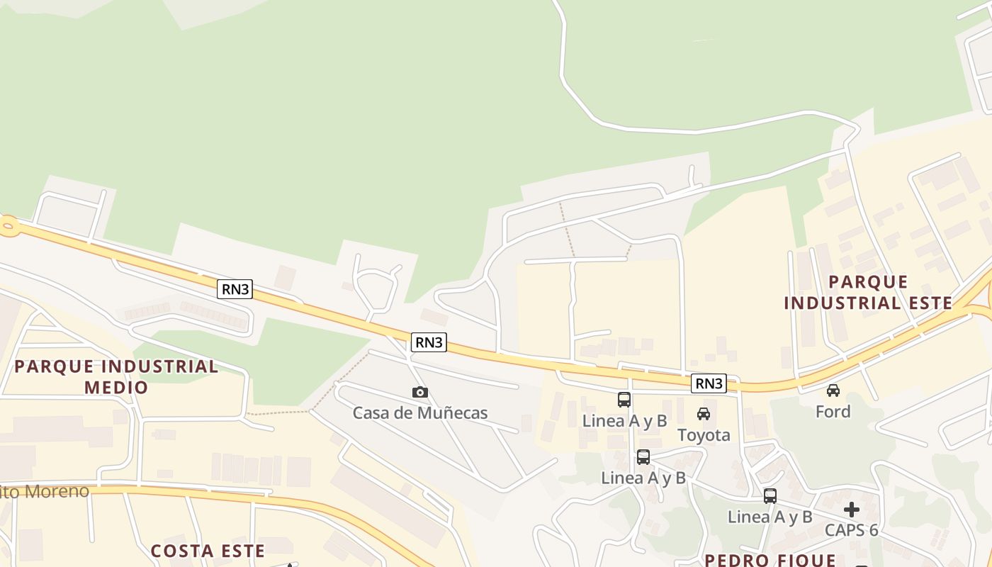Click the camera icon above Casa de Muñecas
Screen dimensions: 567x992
point(420,392)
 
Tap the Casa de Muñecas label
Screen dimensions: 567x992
point(420,412)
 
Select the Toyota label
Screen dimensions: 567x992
point(704,434)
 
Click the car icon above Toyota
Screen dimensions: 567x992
point(704,414)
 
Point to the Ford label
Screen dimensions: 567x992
point(833,411)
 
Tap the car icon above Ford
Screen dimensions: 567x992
point(833,391)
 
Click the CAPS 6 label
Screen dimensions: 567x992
point(851,529)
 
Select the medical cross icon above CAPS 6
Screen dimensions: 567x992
point(852,509)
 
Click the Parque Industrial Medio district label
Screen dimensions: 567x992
point(116,376)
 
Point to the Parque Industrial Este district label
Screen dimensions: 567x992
point(868,292)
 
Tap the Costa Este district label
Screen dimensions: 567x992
point(208,551)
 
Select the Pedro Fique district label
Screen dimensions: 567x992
point(770,560)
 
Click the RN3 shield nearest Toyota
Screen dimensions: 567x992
point(709,383)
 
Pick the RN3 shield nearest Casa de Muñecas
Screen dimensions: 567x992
point(429,342)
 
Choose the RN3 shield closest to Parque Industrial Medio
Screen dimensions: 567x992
point(235,289)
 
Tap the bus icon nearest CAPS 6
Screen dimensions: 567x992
point(770,496)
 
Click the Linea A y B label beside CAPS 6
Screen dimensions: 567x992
point(770,517)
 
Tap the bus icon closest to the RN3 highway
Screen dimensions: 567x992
point(624,400)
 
